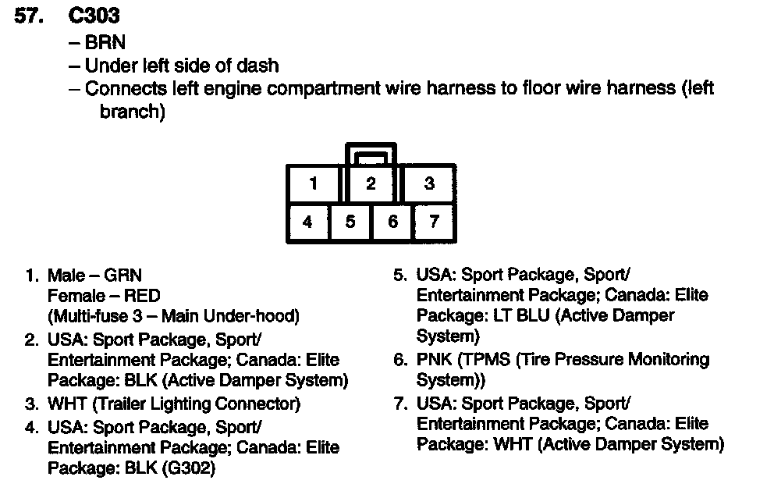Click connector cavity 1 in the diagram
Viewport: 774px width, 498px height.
(x=313, y=184)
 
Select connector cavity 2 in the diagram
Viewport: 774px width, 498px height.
(x=371, y=184)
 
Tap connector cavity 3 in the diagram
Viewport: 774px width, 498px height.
(x=428, y=184)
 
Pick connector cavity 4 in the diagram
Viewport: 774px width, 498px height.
(x=307, y=222)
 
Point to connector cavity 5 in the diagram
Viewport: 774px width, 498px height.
(x=350, y=222)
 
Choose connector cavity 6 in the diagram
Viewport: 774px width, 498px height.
(x=392, y=222)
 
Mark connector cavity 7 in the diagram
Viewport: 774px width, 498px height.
(x=434, y=222)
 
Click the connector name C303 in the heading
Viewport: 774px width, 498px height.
(x=94, y=16)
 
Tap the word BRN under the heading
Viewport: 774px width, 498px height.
(x=105, y=42)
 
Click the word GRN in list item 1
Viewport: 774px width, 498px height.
(x=125, y=275)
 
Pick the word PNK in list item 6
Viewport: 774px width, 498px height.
(x=435, y=360)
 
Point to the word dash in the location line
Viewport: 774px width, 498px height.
(x=259, y=66)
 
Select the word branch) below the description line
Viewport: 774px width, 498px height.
(x=132, y=112)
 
